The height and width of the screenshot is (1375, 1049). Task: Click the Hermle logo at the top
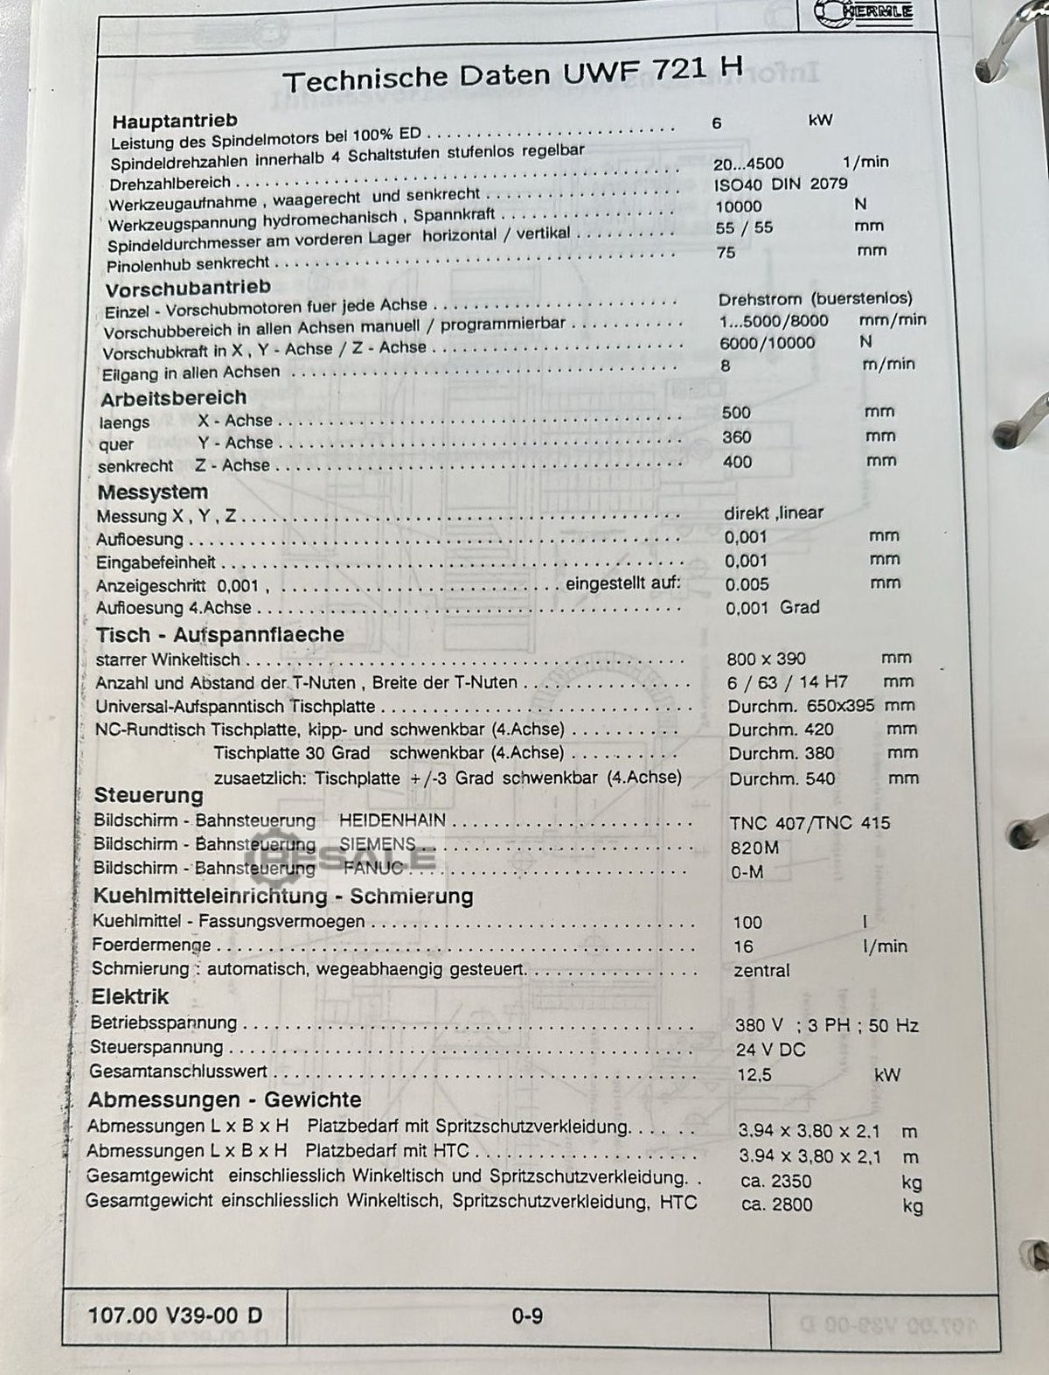[863, 11]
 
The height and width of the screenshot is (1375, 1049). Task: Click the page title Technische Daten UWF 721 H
[512, 73]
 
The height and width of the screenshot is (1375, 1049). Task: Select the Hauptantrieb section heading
[175, 120]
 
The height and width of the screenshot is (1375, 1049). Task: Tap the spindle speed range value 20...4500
[748, 164]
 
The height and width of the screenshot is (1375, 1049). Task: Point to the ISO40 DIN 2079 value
[781, 185]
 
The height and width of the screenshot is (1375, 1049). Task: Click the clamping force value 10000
[739, 206]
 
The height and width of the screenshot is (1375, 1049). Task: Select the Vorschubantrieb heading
[188, 288]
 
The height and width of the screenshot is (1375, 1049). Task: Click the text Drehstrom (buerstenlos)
[815, 299]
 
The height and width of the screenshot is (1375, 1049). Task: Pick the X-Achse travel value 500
[736, 412]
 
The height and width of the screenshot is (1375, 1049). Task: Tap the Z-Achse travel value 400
[737, 461]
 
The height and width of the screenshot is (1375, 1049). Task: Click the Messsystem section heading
[153, 492]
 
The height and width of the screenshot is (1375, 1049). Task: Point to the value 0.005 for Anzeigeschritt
[747, 584]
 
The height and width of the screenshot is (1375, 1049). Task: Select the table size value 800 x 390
[766, 659]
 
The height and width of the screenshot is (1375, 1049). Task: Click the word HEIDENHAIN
[393, 820]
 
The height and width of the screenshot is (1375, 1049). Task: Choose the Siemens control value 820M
[754, 848]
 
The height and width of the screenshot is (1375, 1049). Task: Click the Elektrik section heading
[130, 996]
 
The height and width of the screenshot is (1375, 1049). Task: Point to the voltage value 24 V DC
[770, 1050]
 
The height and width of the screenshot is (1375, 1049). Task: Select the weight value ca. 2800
[776, 1204]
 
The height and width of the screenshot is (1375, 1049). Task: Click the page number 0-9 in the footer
[527, 1315]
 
